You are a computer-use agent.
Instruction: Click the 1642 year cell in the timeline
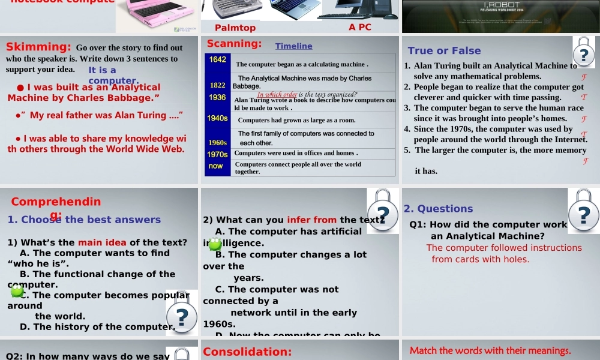pos(218,59)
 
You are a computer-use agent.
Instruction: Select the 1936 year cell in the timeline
pos(218,97)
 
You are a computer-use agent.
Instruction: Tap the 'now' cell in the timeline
pos(216,166)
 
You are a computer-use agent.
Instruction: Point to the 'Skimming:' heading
pos(38,47)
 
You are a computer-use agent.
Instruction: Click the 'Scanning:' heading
pos(233,43)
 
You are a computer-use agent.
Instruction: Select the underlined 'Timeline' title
pos(293,46)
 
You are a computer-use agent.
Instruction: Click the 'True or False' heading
pos(444,50)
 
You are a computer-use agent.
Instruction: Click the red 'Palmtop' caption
pos(235,28)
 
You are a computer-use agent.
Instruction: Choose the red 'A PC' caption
pos(360,27)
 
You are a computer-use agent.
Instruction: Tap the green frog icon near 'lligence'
pos(214,244)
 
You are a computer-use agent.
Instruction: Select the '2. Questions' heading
pos(439,209)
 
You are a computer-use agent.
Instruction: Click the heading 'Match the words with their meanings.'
pos(490,350)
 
